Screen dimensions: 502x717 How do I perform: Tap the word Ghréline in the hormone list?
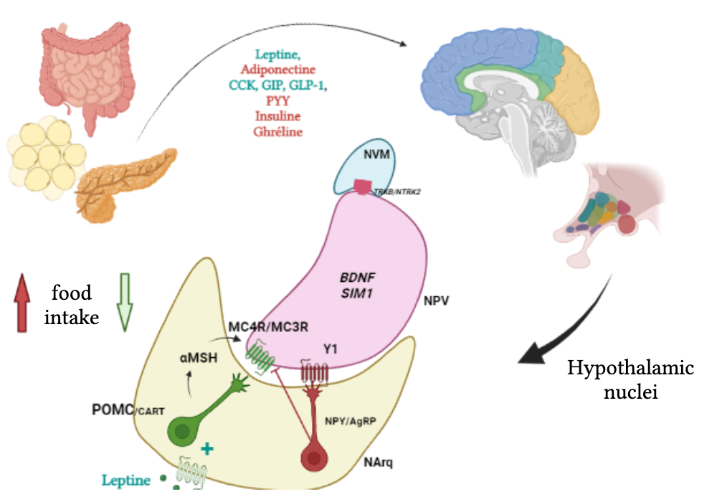pos(277,132)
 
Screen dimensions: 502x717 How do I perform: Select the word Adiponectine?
pos(277,70)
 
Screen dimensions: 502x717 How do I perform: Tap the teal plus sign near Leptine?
pos(208,449)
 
